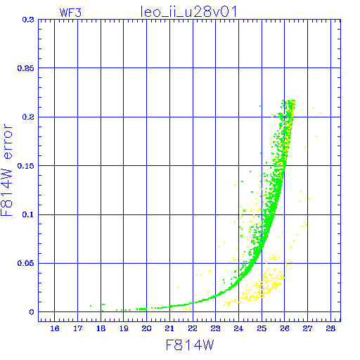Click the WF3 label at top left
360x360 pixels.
click(x=70, y=13)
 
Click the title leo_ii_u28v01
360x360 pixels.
click(x=188, y=12)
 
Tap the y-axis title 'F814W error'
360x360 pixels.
click(x=6, y=170)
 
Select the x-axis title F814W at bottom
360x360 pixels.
click(x=190, y=345)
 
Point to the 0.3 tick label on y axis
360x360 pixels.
click(x=28, y=20)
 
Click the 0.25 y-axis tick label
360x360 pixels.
click(x=26, y=68)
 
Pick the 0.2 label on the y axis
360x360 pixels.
click(x=28, y=117)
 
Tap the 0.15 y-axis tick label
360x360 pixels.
click(x=26, y=166)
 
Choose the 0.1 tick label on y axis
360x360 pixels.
click(x=28, y=214)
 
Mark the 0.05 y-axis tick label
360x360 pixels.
click(x=26, y=263)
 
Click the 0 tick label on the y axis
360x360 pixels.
click(x=32, y=312)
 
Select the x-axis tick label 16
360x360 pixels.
click(x=55, y=328)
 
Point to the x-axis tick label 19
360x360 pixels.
click(x=124, y=328)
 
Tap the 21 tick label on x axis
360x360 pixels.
click(x=169, y=328)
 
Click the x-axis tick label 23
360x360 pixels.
click(x=216, y=328)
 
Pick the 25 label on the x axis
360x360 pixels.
click(x=262, y=328)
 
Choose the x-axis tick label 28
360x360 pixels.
click(x=330, y=328)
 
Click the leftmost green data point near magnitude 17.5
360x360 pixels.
click(x=91, y=306)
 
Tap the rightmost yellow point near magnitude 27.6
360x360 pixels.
click(x=321, y=113)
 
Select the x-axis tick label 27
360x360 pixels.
click(x=308, y=328)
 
